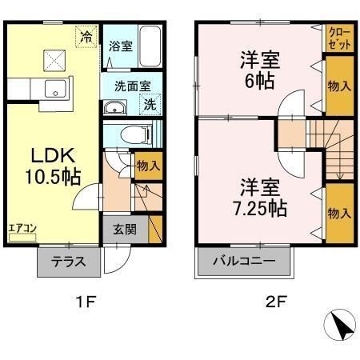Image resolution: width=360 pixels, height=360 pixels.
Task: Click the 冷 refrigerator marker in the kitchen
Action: coord(86,35)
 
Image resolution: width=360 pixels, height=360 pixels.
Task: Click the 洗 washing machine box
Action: coord(150,103)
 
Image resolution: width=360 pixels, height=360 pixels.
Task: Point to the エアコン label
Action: coord(22,227)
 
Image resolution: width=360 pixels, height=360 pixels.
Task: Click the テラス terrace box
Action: coord(68,262)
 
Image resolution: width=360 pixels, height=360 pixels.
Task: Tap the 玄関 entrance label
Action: coord(124,229)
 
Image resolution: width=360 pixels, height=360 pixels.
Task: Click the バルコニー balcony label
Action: coord(244,262)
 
